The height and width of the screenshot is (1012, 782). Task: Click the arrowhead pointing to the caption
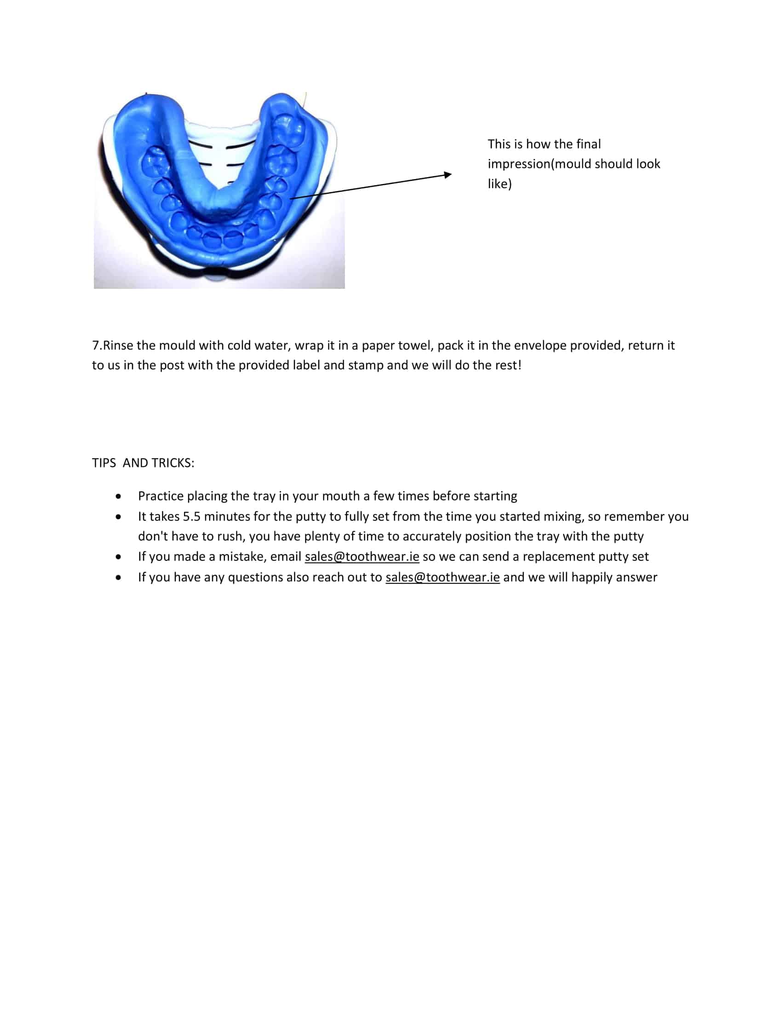tap(448, 175)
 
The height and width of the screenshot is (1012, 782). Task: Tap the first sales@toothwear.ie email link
tap(362, 557)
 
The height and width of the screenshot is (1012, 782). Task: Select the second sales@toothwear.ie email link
tap(443, 577)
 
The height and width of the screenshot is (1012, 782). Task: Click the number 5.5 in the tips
tap(191, 517)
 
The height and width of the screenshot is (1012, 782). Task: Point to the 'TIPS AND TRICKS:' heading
tap(143, 463)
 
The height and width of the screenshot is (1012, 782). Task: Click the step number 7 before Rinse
tap(95, 345)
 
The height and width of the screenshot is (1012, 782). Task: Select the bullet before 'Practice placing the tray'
tap(119, 497)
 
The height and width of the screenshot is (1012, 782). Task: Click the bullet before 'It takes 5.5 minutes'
tap(119, 517)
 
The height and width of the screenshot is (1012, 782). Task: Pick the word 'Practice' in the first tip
tap(160, 496)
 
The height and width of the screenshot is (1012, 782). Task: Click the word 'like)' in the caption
tap(500, 184)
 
